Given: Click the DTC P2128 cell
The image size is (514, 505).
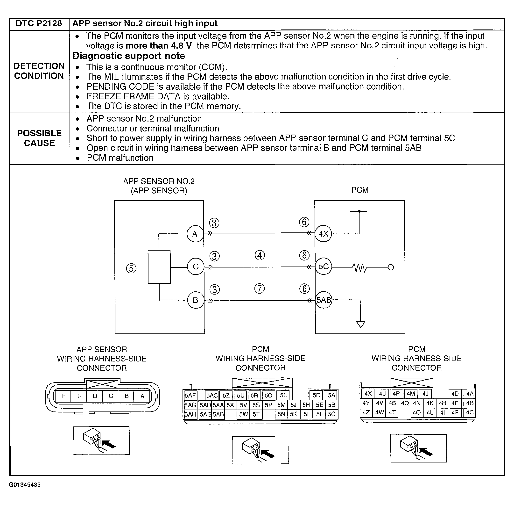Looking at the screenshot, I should pos(39,24).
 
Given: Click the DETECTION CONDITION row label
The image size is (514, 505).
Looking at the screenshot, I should pos(39,71).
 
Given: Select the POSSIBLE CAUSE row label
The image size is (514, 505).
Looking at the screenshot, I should pos(39,138).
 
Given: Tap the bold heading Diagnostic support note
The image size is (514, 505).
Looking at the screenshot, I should pos(128,56).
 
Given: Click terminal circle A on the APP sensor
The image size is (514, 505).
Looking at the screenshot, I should pos(195,234).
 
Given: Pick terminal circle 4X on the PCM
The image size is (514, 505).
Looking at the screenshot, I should pos(323,234).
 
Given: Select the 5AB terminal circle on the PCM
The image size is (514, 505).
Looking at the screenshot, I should pos(324,300).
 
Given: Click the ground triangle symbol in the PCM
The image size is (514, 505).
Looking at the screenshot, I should pos(360,324).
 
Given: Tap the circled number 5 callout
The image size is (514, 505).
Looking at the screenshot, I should pos(131,268).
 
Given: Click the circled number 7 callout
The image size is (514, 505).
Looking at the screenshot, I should pos(259,289).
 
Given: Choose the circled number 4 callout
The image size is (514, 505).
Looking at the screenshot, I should pos(260,255).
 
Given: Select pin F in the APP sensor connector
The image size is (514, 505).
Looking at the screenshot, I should pos(63,396).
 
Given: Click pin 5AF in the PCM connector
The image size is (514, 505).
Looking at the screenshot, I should pos(190,396).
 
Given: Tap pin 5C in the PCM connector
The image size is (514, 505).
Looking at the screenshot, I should pos(331,414).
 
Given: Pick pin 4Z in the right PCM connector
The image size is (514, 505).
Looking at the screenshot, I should pos(366,412).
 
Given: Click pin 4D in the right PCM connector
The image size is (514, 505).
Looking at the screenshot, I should pos(455,394).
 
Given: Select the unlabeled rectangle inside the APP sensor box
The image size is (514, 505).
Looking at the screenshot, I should pos(159,267).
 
